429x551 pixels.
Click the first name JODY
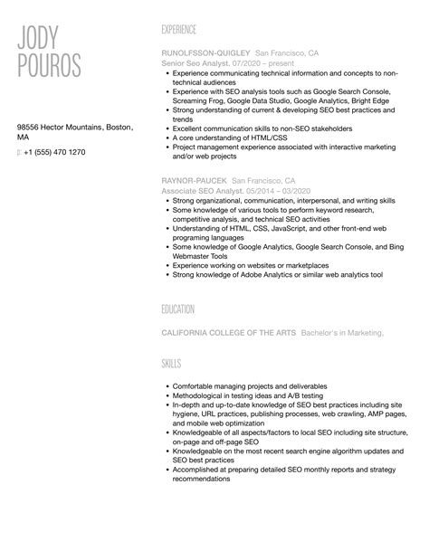tap(38, 39)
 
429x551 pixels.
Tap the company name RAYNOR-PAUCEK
tap(194, 181)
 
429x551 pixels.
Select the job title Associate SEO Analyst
tap(204, 191)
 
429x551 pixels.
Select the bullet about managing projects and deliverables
tap(248, 386)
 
